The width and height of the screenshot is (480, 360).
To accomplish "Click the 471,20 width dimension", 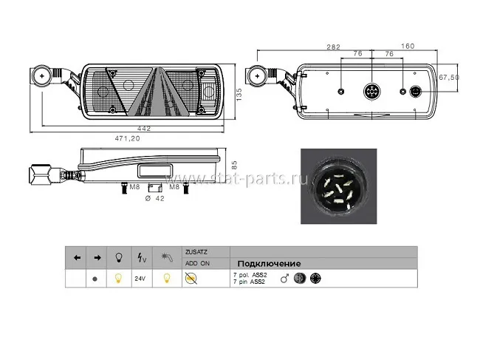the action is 127,138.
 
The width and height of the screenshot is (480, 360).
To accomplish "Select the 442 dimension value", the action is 144,129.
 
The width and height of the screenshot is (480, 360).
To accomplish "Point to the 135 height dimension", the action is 239,95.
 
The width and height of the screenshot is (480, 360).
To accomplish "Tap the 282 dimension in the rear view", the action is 333,47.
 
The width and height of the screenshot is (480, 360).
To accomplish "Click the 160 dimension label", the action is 408,46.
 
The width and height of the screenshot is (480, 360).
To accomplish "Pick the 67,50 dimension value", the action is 449,77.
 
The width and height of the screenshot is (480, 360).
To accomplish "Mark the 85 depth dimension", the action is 234,166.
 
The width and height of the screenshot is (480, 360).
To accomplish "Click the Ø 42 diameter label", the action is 154,199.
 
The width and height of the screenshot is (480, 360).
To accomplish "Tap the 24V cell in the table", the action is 140,279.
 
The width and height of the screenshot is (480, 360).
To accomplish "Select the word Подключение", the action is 269,263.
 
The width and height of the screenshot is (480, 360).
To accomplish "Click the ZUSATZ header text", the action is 196,252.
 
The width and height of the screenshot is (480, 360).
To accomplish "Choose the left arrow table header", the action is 77,258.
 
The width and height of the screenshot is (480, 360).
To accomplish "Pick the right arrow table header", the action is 97,258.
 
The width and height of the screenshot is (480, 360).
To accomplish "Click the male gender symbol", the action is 285,279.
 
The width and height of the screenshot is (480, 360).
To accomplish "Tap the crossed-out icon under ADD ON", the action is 191,279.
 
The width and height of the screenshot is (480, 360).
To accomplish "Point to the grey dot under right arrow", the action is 95,279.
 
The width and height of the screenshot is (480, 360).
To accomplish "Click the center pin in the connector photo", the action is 338,188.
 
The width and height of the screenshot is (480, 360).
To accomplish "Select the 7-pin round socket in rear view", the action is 371,92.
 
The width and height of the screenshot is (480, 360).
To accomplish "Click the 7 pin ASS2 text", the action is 249,282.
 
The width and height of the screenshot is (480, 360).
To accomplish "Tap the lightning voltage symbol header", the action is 142,258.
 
